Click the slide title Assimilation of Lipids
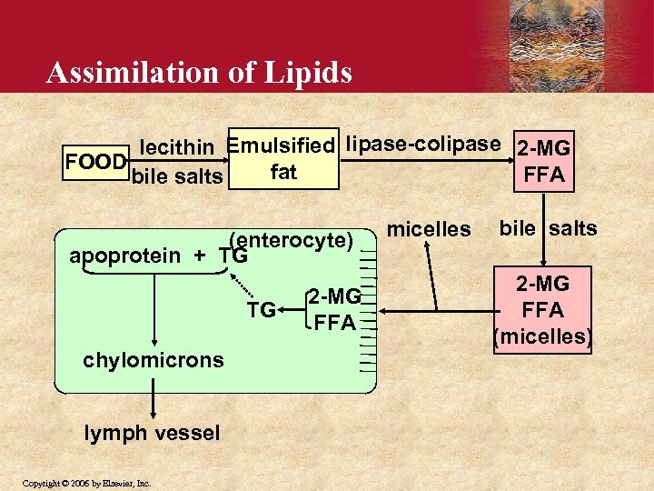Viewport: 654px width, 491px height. click(x=199, y=72)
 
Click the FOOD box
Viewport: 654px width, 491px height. click(x=94, y=162)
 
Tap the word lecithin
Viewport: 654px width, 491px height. click(x=177, y=146)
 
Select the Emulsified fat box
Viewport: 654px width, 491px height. click(x=282, y=158)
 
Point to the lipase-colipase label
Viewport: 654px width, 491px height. click(x=423, y=144)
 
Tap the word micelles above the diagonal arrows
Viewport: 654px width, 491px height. click(x=429, y=229)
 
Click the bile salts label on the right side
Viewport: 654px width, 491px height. click(x=547, y=228)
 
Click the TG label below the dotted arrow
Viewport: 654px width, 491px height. click(x=261, y=311)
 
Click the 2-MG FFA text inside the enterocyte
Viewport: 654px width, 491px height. click(x=333, y=308)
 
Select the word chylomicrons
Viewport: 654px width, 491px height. click(x=153, y=360)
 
